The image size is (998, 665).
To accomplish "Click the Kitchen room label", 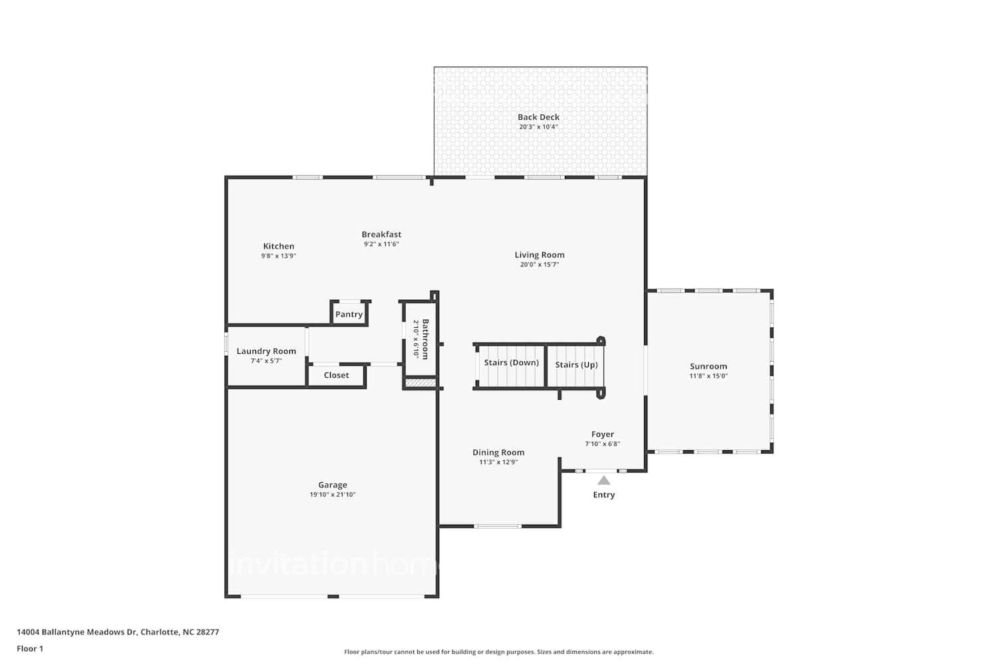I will point(278,246).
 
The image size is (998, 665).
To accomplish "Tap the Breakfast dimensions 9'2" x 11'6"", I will point(381,244).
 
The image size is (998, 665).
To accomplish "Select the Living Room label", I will point(539,255).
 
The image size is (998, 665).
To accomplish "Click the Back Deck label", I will point(538,117).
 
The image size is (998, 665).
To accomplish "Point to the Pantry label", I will point(349,315).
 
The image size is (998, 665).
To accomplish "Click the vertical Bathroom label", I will point(425,339).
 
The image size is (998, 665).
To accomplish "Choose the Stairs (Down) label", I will point(511,362).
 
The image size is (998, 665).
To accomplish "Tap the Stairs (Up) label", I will point(576,364).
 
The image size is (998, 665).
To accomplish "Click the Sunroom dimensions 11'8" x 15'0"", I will point(708,376).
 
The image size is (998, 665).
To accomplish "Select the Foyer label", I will point(602,434).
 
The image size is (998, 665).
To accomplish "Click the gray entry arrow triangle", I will point(603,480).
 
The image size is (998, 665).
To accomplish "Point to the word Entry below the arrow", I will point(603,495).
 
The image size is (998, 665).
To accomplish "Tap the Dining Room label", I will point(498,452).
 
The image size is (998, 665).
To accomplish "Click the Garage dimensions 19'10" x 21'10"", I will point(332,495).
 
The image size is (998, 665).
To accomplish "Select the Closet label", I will point(336,375).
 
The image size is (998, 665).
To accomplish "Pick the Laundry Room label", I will point(266,351).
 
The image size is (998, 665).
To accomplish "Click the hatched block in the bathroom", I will point(420,382).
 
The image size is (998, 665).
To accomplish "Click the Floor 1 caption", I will point(30,648).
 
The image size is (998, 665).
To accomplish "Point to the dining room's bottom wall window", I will point(498,526).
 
